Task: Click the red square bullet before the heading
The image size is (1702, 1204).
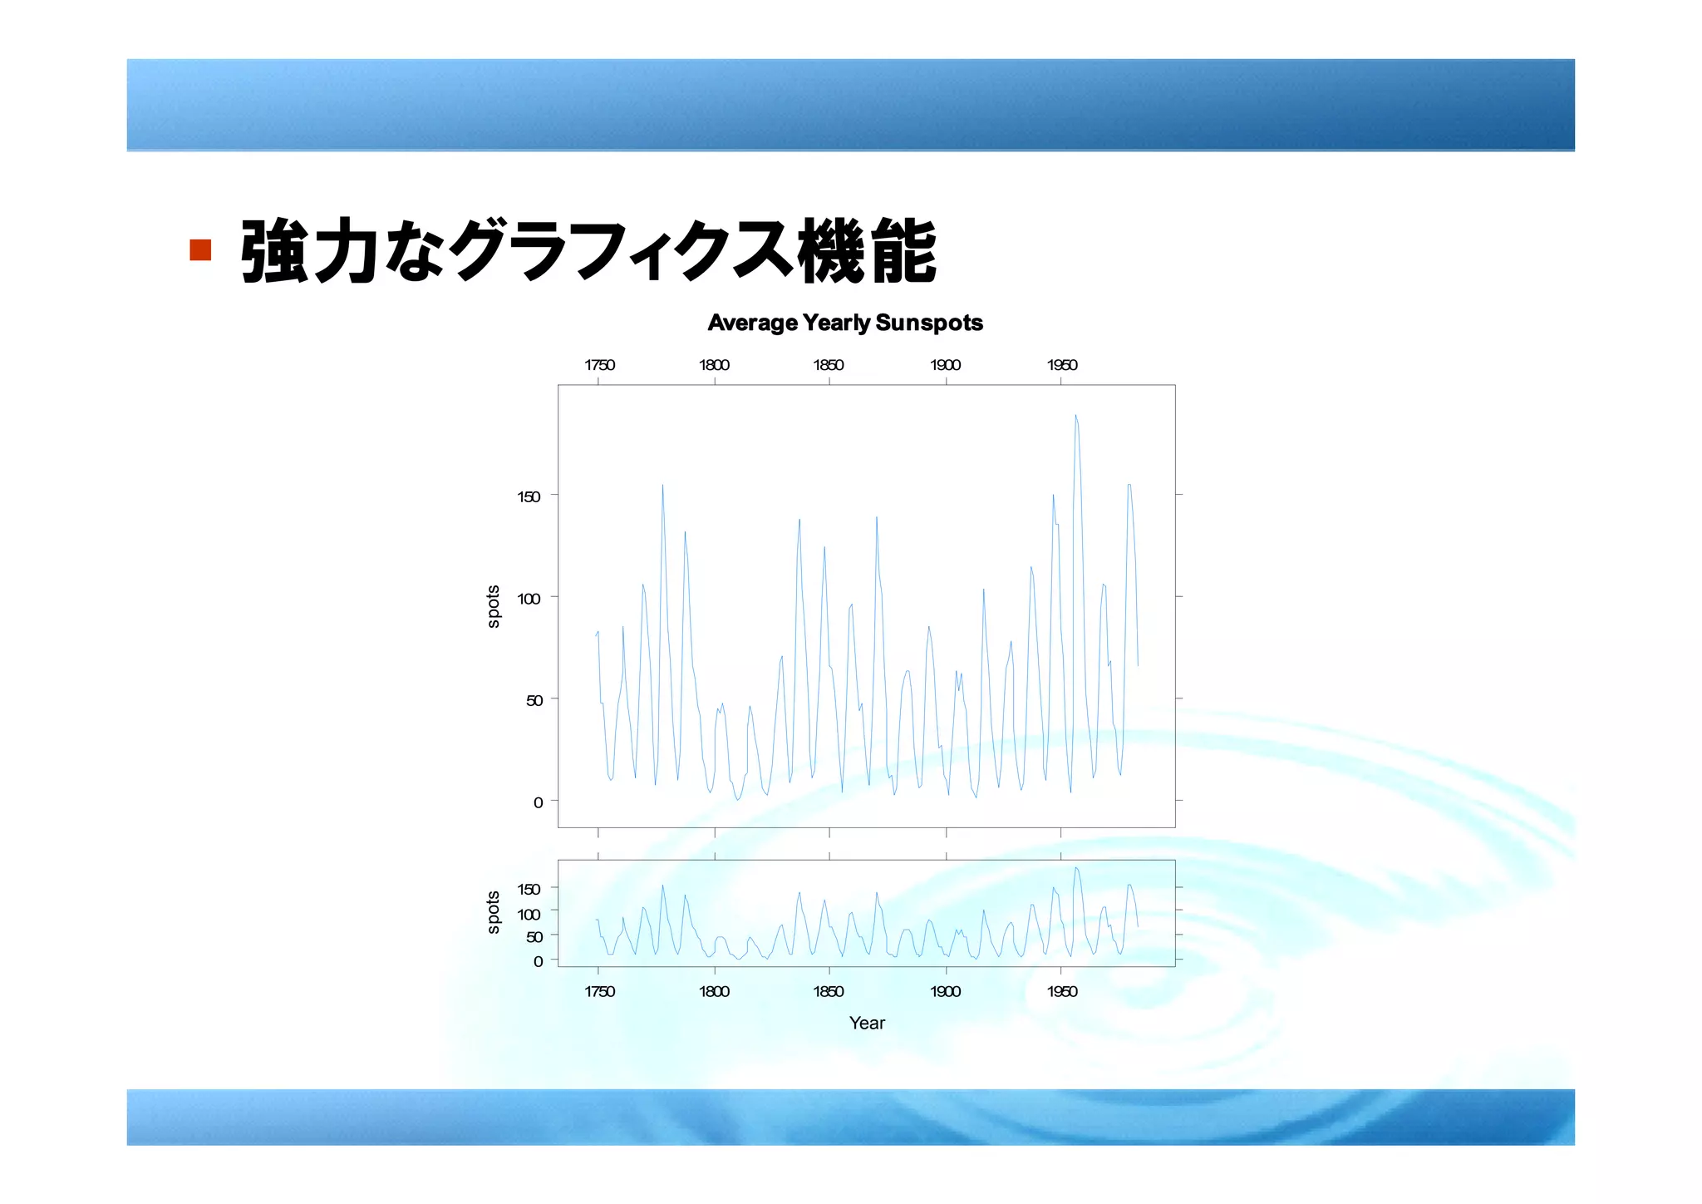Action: tap(200, 249)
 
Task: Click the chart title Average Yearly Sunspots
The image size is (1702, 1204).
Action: tap(844, 323)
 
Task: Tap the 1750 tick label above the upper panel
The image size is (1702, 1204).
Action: tap(599, 365)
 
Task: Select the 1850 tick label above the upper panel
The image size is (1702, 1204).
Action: tap(829, 365)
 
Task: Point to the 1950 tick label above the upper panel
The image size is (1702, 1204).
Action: tap(1062, 365)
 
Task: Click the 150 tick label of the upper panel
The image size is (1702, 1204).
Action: tap(529, 496)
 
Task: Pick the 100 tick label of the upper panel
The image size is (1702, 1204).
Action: tap(529, 599)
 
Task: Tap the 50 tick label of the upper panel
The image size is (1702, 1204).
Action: tap(534, 701)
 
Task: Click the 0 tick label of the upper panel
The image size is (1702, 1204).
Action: tap(538, 802)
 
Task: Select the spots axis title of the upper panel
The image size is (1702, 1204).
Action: tap(494, 606)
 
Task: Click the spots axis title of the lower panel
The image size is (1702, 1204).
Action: tap(494, 912)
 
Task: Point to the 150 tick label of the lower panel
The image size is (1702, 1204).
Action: tap(529, 889)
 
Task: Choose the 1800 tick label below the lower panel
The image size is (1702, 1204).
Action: tap(714, 991)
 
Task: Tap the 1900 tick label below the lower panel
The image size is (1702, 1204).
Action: tap(946, 991)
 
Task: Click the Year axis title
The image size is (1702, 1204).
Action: tap(867, 1023)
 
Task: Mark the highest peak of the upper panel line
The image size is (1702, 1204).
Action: tap(1075, 415)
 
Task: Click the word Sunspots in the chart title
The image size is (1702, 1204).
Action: tap(929, 323)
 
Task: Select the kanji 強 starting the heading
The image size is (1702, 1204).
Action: tap(274, 250)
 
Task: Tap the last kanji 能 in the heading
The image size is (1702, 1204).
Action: tap(903, 250)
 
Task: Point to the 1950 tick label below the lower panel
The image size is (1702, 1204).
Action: tap(1062, 991)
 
